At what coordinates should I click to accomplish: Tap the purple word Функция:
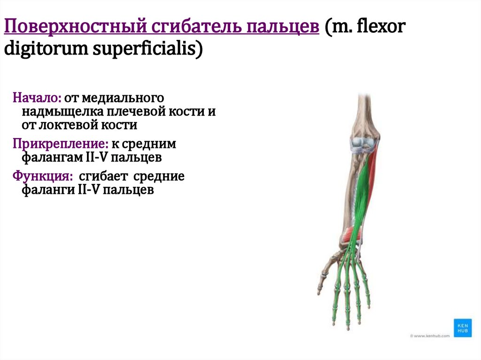click(x=43, y=177)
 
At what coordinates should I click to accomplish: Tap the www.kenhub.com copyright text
click(x=429, y=336)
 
